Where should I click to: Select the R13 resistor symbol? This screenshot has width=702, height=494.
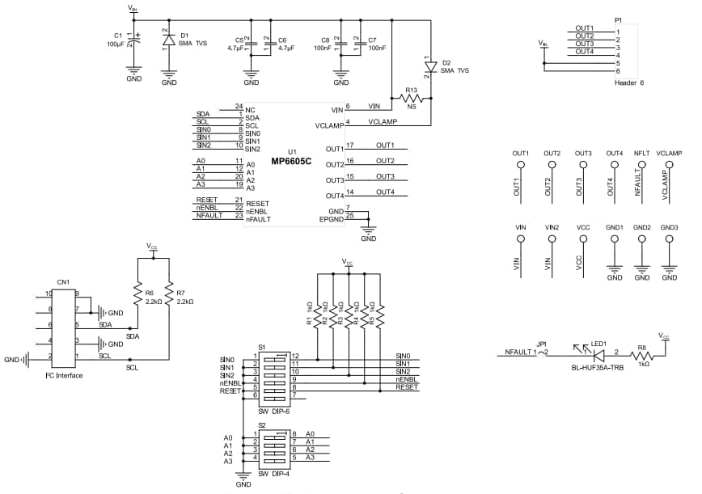tap(410, 99)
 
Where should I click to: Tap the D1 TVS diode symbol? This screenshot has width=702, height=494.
tap(168, 39)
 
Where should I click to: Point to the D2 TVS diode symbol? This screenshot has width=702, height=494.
tap(430, 65)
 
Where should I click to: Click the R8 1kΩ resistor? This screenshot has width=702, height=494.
tap(643, 353)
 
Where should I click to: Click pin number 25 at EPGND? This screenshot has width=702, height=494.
tap(349, 216)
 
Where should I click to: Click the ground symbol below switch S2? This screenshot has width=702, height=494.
tap(243, 477)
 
